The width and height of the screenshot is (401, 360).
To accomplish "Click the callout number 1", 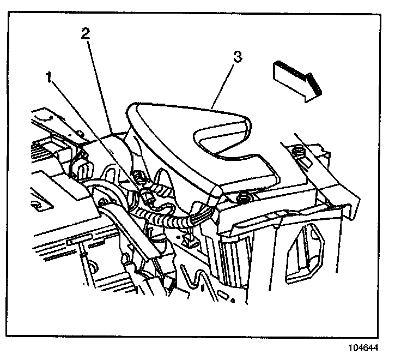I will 50,77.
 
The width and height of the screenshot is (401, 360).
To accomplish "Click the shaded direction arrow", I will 296,79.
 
